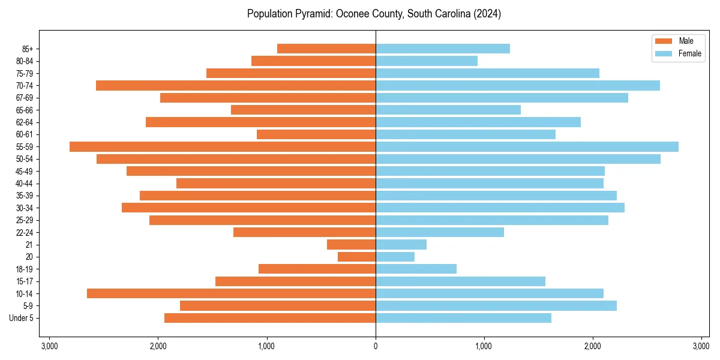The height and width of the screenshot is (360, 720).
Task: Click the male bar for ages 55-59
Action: [x=223, y=147]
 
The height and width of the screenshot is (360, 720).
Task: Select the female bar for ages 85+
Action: [x=443, y=49]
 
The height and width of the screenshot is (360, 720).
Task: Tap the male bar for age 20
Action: [x=356, y=257]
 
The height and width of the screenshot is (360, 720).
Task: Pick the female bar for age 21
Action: [x=401, y=245]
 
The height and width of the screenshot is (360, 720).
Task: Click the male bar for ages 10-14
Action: [x=231, y=293]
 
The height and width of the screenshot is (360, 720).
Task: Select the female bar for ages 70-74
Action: [x=518, y=86]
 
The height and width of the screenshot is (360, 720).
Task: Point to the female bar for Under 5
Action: [x=463, y=318]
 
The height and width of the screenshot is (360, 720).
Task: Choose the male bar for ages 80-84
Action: [x=313, y=61]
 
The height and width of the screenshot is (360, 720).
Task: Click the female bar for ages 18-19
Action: [x=416, y=269]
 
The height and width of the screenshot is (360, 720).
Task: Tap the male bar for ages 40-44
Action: [x=276, y=184]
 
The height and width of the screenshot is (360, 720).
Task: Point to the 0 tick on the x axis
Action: [x=376, y=347]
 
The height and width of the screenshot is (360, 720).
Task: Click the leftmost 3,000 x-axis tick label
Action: [x=50, y=347]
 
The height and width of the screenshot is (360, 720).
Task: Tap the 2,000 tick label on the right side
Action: [x=593, y=347]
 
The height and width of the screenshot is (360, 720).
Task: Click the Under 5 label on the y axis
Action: [x=22, y=318]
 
